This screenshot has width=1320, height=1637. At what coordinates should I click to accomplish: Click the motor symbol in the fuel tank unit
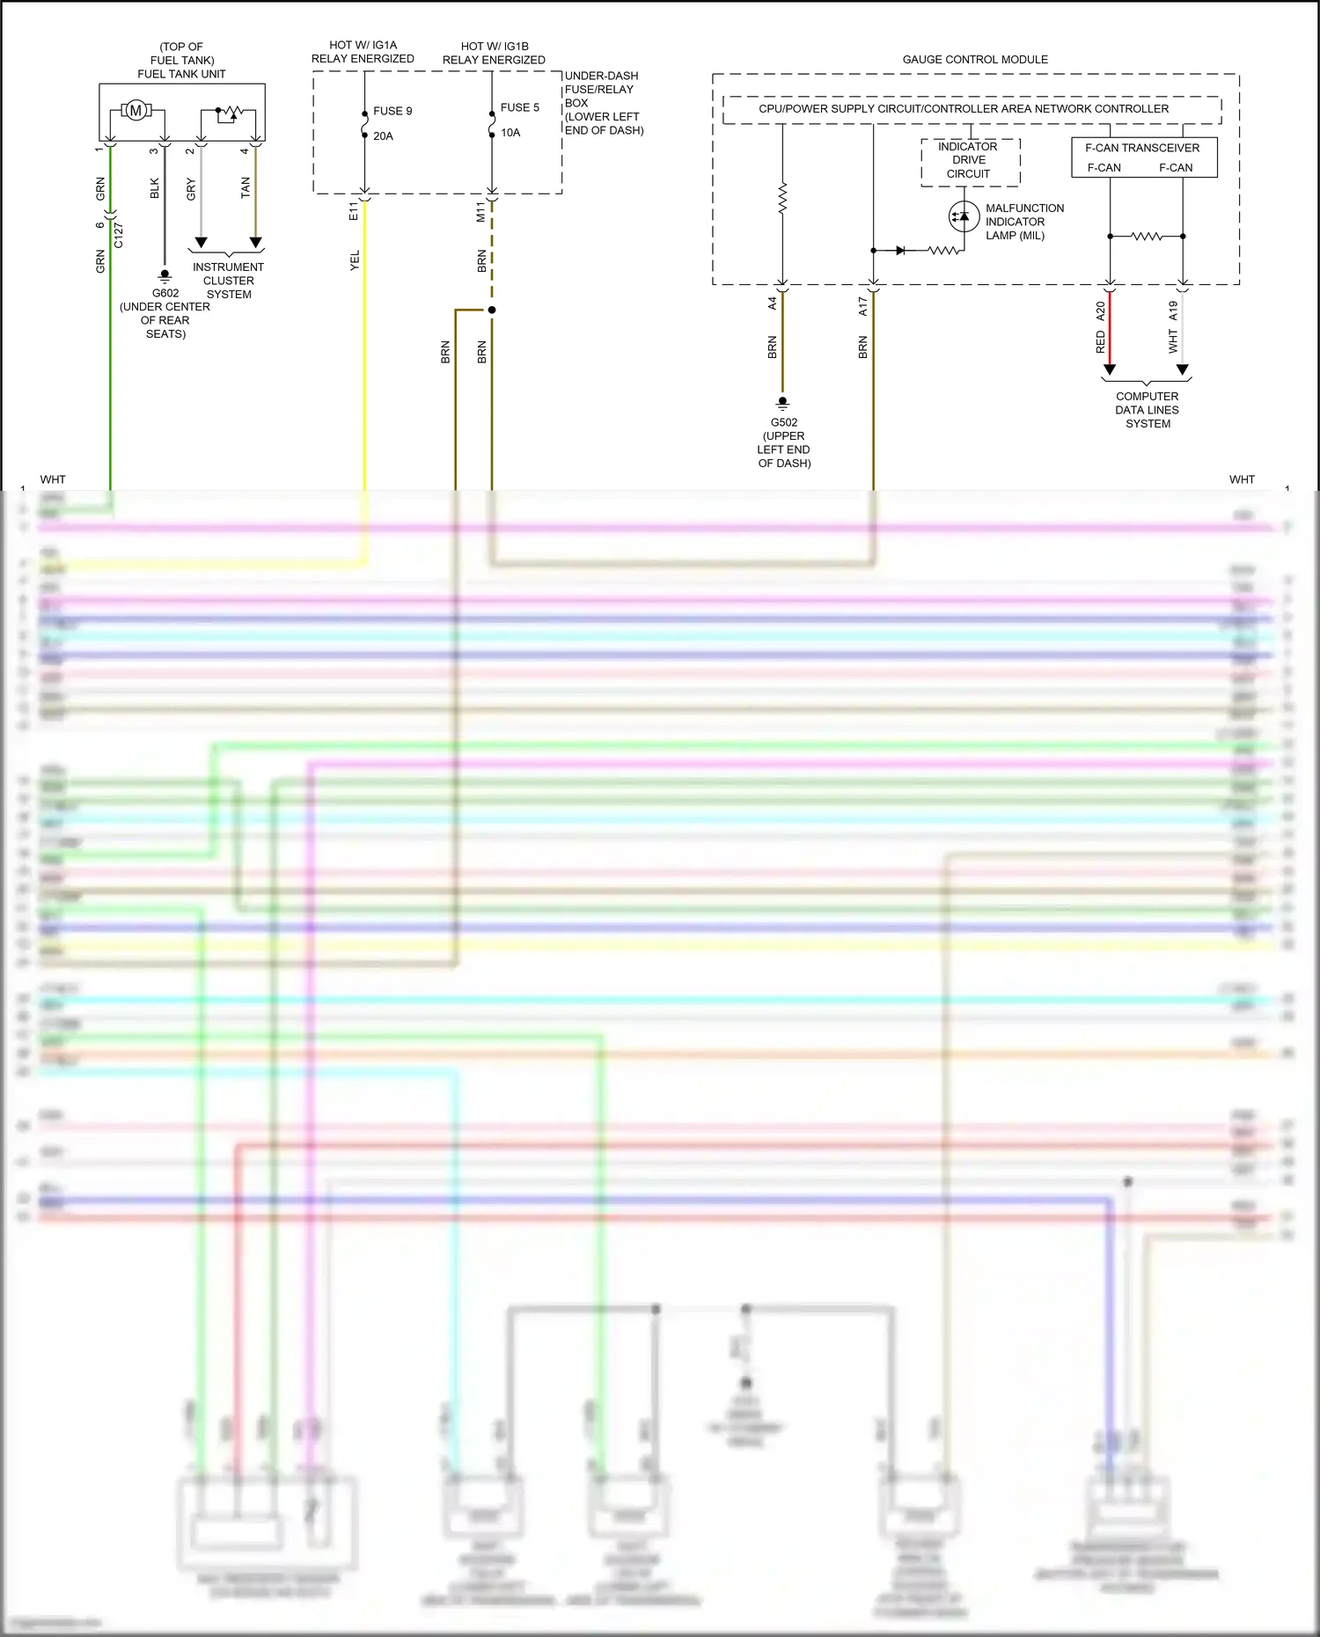[x=136, y=111]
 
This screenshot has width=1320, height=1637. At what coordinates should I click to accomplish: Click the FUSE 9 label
[x=392, y=111]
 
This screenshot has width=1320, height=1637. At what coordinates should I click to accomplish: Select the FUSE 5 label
[x=520, y=107]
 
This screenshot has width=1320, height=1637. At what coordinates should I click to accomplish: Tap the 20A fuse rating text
[x=383, y=136]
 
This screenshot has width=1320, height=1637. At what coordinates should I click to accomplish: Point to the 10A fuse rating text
[x=510, y=133]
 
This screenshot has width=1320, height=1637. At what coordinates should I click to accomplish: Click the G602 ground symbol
[x=165, y=276]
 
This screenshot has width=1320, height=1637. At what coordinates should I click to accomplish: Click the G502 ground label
[x=784, y=422]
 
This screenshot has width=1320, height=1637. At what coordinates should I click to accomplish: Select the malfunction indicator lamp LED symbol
[x=964, y=216]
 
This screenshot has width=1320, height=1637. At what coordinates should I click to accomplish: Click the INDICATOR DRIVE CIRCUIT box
[x=969, y=161]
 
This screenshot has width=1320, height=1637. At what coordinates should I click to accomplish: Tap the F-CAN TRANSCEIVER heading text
[x=1142, y=148]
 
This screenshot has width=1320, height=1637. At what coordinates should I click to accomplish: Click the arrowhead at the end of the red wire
[x=1110, y=369]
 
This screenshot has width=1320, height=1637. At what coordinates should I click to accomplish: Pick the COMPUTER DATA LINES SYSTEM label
[x=1147, y=410]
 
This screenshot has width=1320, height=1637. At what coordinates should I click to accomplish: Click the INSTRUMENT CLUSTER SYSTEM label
[x=229, y=281]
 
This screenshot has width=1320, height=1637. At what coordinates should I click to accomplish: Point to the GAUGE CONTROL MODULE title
[x=975, y=60]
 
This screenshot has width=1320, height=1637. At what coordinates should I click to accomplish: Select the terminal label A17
[x=863, y=305]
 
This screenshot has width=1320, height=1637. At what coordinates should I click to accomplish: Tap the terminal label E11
[x=354, y=210]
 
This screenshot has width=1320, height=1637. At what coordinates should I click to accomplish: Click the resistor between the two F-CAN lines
[x=1146, y=237]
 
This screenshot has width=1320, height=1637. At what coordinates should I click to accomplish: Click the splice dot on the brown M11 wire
[x=492, y=310]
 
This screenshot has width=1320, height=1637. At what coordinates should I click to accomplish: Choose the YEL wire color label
[x=356, y=261]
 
